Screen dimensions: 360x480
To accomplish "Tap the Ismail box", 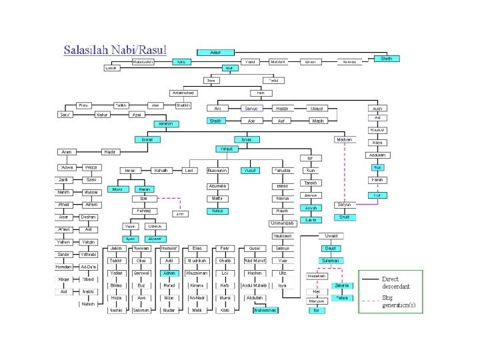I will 149,139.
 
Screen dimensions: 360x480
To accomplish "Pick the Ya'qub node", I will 227,148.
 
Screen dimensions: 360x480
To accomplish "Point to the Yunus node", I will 217,211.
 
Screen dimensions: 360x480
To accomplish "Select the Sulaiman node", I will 330,261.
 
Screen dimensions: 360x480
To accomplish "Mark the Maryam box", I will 316,301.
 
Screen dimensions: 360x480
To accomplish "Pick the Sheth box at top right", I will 387,59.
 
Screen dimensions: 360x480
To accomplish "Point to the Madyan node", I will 343,139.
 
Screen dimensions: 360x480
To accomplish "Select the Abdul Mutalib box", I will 254,285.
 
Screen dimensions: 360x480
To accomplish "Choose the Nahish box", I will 88,305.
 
